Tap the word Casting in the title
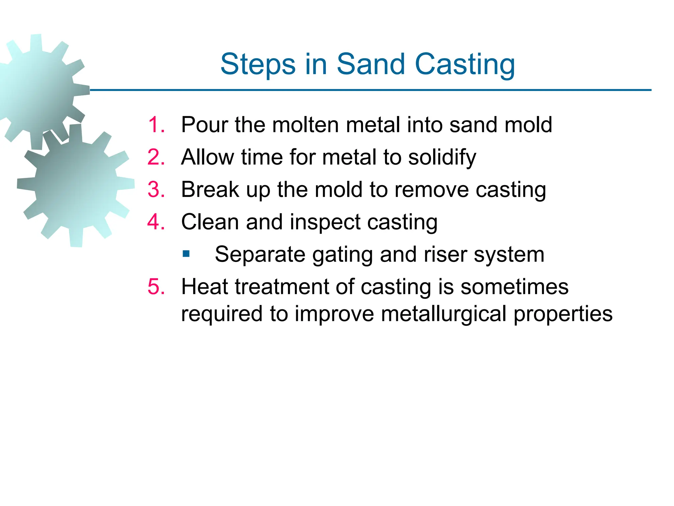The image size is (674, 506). [465, 65]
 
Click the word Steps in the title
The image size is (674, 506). [258, 65]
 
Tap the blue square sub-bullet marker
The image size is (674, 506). [186, 254]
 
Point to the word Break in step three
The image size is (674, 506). [210, 190]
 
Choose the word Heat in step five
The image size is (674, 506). [204, 287]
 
